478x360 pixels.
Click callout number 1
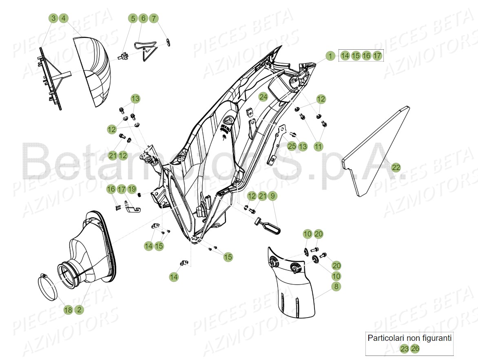330,55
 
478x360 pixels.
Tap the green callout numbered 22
396,167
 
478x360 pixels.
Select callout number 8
336,287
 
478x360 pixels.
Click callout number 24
263,97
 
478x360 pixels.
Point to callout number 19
131,189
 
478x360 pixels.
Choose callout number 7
153,18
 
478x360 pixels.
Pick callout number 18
68,310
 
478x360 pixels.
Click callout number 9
273,196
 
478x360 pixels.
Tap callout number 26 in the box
415,349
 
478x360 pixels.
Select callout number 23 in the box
404,349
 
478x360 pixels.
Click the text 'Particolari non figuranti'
409,338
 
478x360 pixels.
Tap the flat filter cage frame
51,77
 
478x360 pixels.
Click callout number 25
292,146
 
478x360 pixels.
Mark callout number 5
133,18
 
